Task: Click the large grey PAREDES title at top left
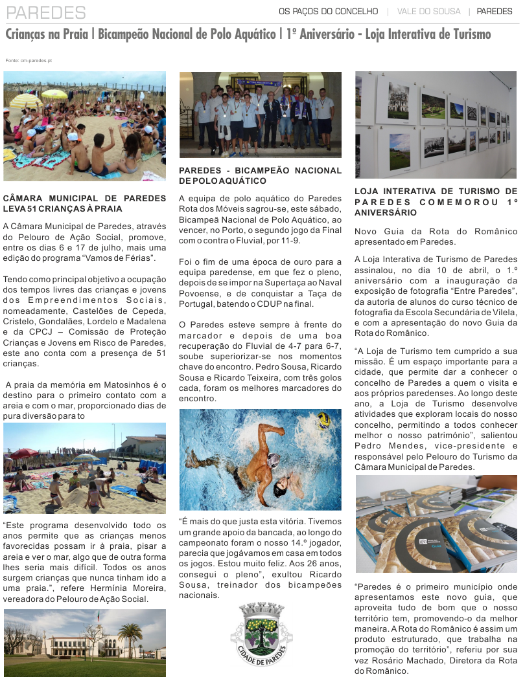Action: [x=46, y=12]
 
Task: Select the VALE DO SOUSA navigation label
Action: [x=428, y=12]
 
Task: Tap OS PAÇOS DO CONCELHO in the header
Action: [x=328, y=12]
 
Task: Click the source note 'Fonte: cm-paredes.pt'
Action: [x=28, y=60]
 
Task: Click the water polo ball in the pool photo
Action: [x=323, y=420]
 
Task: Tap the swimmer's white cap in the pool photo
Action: [x=273, y=460]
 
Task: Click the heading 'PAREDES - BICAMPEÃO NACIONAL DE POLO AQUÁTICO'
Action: [x=260, y=175]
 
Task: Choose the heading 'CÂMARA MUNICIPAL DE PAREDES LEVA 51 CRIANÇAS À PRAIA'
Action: [x=84, y=203]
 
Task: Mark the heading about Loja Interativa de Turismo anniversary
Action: [x=436, y=201]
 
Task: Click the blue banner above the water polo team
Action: [x=260, y=83]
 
